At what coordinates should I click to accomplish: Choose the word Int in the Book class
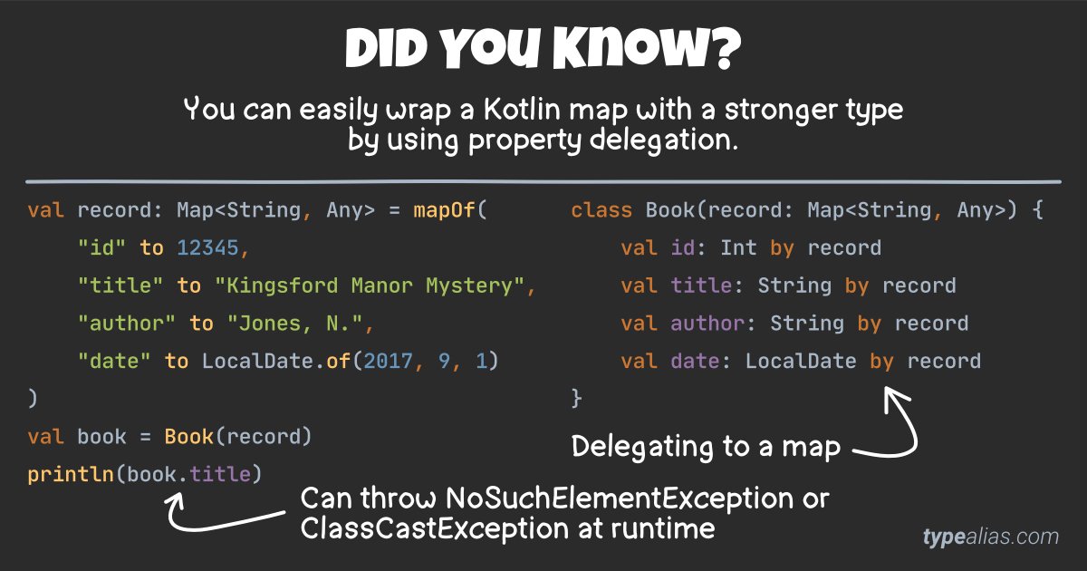[x=739, y=248]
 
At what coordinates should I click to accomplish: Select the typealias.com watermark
[x=990, y=537]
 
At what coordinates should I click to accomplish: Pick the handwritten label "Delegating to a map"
[x=706, y=447]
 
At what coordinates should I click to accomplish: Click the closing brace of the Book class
[x=576, y=398]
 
